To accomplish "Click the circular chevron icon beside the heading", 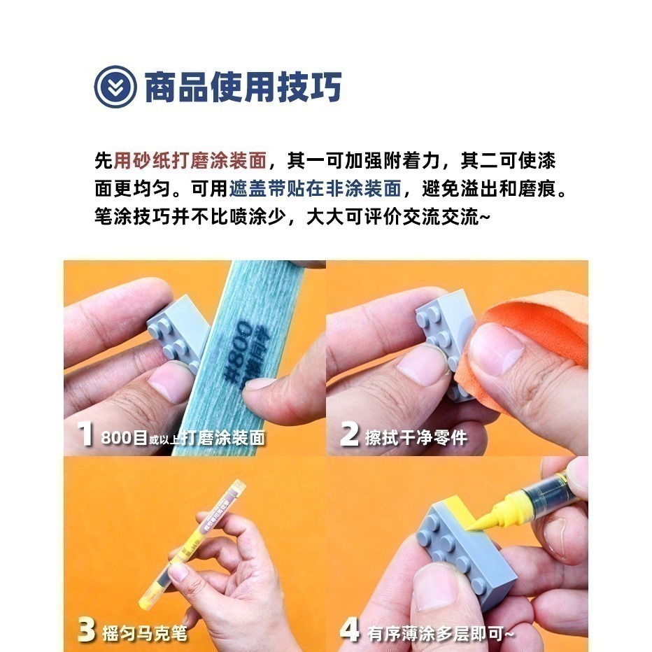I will pyautogui.click(x=115, y=87).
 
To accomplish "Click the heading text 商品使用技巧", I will pyautogui.click(x=243, y=87).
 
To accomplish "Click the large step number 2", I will pyautogui.click(x=349, y=434).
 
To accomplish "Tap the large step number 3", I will pyautogui.click(x=86, y=629).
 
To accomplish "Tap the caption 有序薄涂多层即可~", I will pyautogui.click(x=441, y=632).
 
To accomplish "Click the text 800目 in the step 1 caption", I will pyautogui.click(x=124, y=439).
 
